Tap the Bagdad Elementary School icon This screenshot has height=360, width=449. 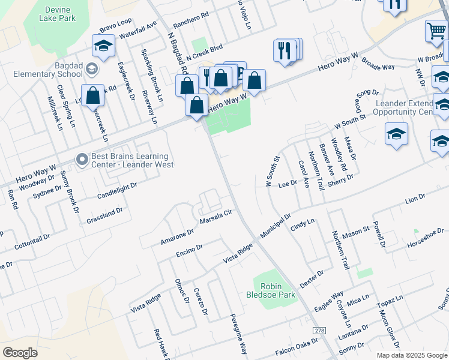91,69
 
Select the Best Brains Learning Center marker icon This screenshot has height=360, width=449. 82,159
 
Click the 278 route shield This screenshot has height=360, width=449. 319,331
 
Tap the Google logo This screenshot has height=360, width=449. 20,352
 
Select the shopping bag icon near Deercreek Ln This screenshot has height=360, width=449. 93,96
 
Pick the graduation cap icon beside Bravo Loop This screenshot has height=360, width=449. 103,46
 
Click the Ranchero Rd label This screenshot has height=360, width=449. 190,20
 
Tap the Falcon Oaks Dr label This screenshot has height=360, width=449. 296,346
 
